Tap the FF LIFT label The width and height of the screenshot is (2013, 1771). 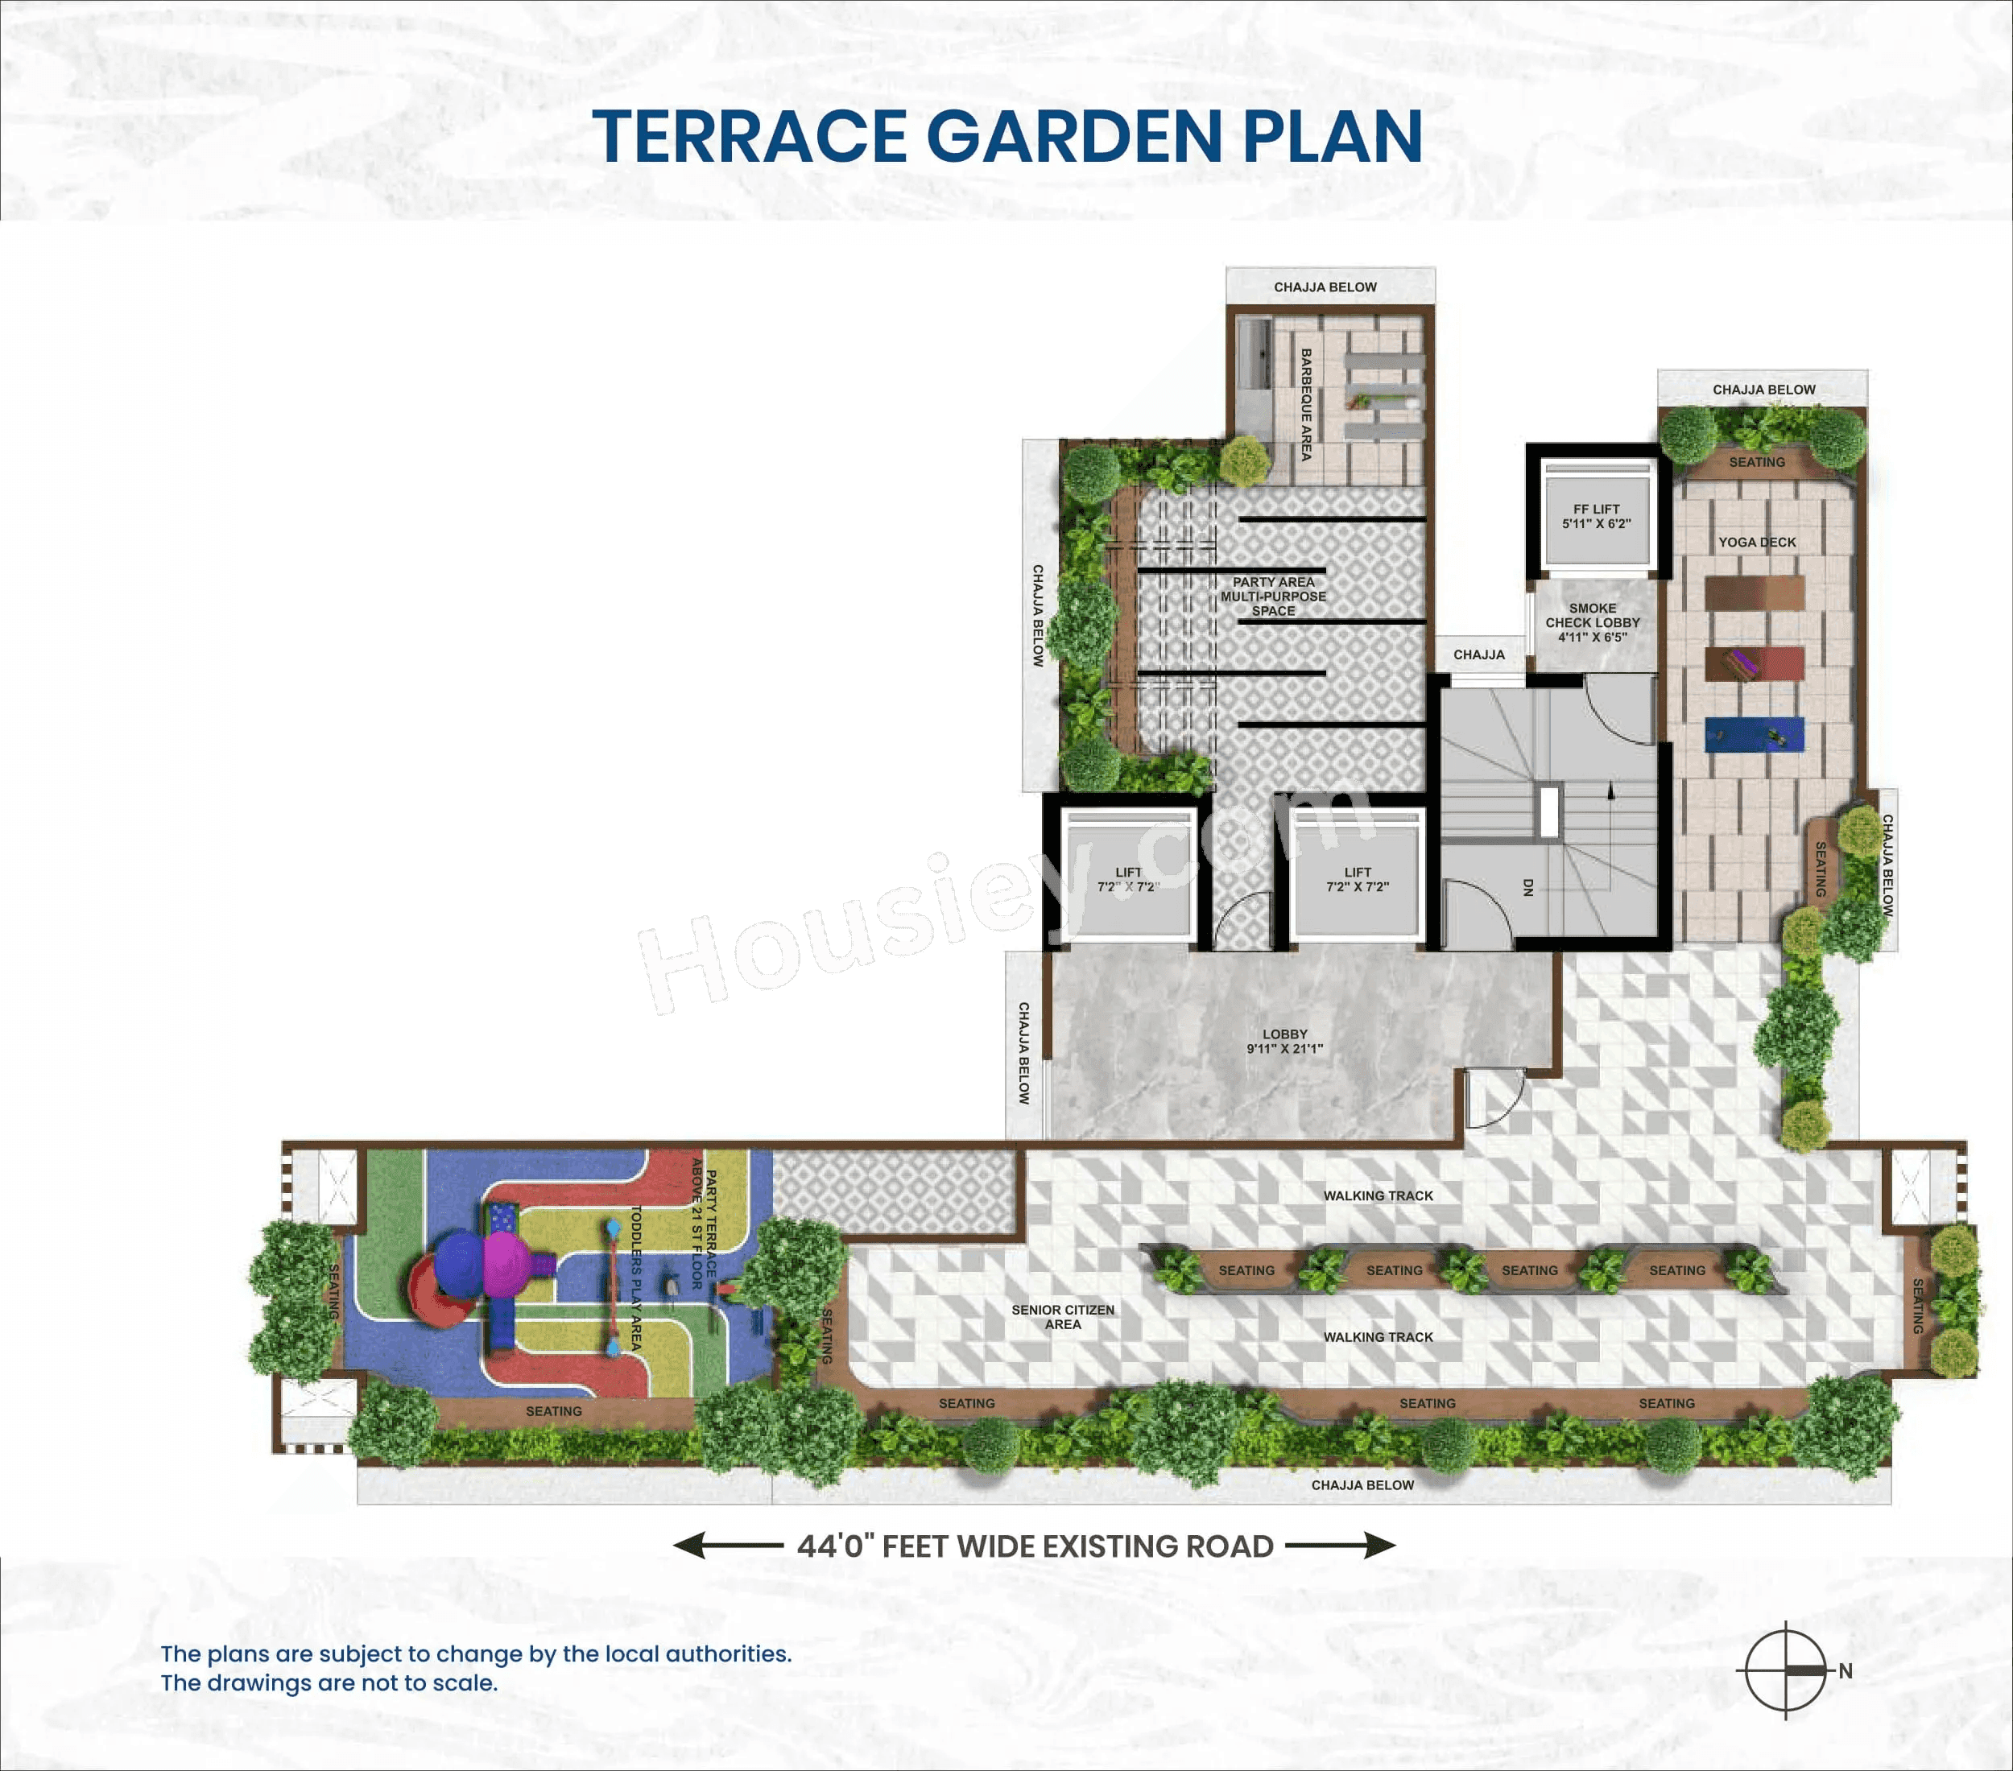(1595, 517)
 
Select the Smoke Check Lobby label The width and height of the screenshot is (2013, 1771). (1593, 622)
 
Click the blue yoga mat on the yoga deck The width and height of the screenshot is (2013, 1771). (1754, 734)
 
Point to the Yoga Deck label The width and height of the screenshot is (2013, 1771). (1757, 543)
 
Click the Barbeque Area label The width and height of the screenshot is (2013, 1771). (1306, 405)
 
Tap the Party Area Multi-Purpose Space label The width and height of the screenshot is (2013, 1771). (1273, 597)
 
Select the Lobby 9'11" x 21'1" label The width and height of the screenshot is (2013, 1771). (1284, 1042)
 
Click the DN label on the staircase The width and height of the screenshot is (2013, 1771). (1528, 887)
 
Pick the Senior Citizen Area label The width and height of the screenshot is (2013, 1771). (1063, 1317)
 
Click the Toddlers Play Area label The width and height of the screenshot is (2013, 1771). (636, 1277)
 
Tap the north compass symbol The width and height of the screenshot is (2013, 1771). (1785, 1670)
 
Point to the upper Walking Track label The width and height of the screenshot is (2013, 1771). (1378, 1196)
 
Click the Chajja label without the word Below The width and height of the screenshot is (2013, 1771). (1478, 654)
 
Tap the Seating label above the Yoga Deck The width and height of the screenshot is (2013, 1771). (1757, 462)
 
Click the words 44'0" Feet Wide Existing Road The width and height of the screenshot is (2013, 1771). (1035, 1546)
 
